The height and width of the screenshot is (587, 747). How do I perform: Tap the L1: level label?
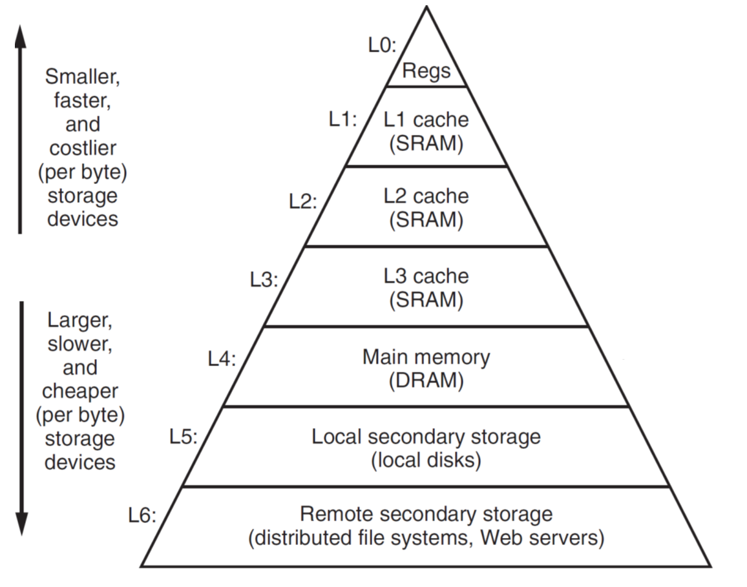point(343,121)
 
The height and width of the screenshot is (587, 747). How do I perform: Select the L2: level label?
point(303,201)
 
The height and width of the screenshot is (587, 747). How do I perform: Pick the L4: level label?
point(222,359)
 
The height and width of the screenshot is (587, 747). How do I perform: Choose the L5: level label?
point(184,437)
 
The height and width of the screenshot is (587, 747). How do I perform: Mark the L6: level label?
point(142,517)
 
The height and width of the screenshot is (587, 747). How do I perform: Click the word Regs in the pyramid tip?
point(426,70)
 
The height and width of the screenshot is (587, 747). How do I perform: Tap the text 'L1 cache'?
point(426,119)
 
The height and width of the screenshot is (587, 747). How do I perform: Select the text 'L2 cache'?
point(426,196)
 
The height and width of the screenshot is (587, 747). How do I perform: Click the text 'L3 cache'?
point(426,276)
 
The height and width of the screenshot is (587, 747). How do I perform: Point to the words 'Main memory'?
point(426,357)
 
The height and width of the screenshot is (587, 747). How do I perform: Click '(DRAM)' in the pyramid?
point(426,381)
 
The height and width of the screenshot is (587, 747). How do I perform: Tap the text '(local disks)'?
point(426,461)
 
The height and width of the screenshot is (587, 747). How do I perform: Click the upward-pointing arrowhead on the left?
point(20,38)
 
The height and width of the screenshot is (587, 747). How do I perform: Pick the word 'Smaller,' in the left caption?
point(83,77)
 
